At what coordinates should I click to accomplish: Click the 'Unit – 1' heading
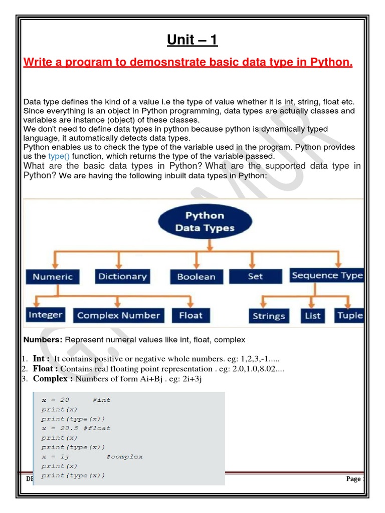pos(192,40)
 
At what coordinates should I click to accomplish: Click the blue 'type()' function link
pos(59,156)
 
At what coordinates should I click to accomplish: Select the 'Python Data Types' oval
pos(205,222)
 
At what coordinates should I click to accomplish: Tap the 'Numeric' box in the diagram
pos(53,277)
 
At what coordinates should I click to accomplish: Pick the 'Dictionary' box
pos(122,277)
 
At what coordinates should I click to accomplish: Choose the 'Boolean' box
pos(196,277)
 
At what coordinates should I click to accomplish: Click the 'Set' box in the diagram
pos(255,276)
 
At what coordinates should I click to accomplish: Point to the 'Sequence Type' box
pos(327,276)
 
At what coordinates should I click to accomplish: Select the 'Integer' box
pos(45,315)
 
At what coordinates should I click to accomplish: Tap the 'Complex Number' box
pos(118,316)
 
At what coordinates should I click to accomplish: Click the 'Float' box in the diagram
pos(190,316)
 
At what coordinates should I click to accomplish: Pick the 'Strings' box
pos(269,316)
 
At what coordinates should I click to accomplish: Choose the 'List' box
pos(312,316)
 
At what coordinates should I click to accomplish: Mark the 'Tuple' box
pos(349,316)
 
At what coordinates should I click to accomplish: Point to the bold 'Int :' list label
pos(41,359)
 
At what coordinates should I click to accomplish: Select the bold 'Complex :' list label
pos(53,379)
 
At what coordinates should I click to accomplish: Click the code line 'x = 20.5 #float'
pos(76,428)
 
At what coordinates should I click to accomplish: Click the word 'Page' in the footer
pos(353,479)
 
